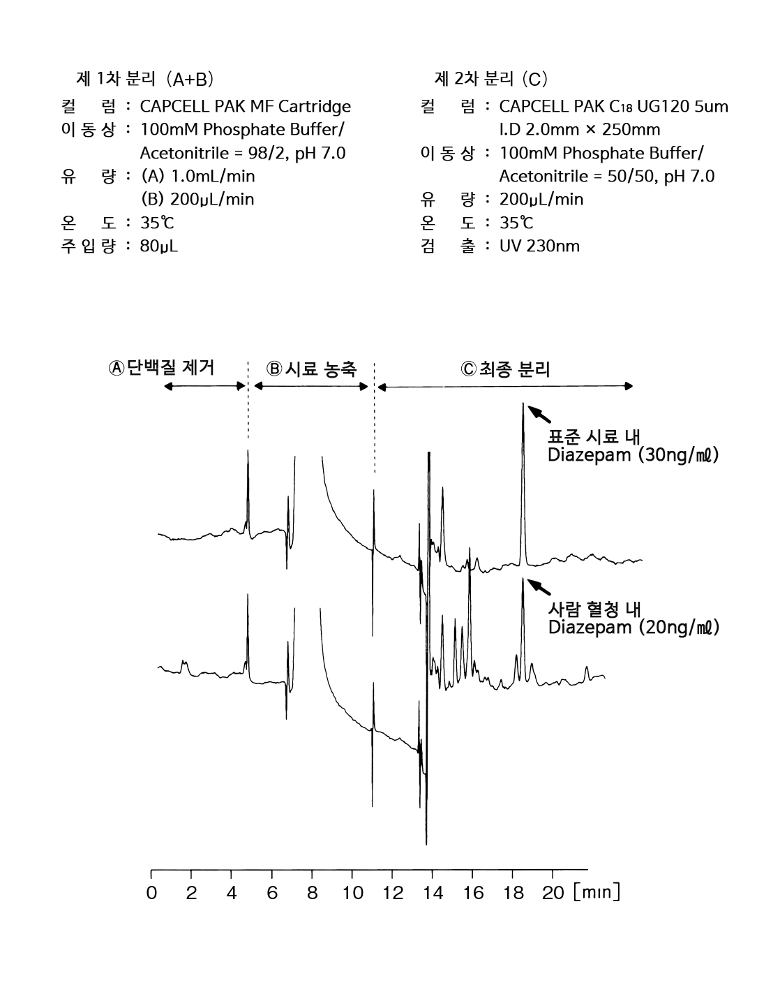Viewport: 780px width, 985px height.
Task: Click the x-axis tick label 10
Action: (x=353, y=893)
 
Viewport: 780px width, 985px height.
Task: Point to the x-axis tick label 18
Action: (x=513, y=893)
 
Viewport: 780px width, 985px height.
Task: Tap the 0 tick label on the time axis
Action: (x=151, y=893)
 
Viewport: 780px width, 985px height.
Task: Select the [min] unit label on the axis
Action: (x=597, y=892)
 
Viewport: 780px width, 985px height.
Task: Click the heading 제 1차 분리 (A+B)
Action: (x=145, y=79)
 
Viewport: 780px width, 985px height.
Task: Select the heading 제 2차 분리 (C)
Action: (x=491, y=79)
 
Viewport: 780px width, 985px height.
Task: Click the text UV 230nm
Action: (x=539, y=246)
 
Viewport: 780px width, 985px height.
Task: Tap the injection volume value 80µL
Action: (x=159, y=246)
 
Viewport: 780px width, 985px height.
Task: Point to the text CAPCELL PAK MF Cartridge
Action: (x=245, y=107)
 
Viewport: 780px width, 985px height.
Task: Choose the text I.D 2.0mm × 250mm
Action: (x=580, y=130)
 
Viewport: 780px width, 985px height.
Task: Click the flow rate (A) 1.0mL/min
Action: (x=197, y=176)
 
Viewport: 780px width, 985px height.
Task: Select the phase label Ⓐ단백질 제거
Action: (x=161, y=367)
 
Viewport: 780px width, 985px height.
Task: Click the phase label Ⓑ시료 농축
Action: (x=311, y=369)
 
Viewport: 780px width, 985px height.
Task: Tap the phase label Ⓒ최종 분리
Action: (x=505, y=369)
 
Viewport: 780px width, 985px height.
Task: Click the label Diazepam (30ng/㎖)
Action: (x=633, y=455)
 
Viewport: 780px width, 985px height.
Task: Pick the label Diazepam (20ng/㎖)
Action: (x=633, y=627)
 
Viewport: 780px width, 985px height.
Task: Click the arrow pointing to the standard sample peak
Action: (x=539, y=414)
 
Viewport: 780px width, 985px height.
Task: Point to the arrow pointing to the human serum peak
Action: (x=539, y=587)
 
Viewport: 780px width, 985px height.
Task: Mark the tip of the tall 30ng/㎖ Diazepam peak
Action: (x=523, y=403)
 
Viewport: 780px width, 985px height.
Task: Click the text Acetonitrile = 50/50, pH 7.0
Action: (x=606, y=176)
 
